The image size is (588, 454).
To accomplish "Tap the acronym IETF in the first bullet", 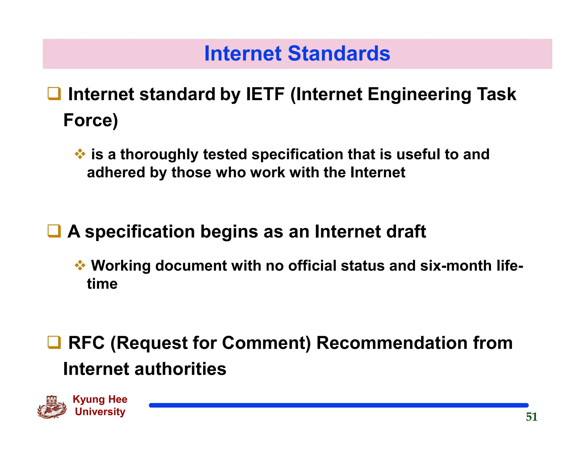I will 265,94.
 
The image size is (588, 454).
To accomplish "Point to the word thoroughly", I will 159,155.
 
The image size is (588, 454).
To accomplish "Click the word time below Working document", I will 102,284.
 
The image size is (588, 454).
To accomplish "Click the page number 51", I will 531,417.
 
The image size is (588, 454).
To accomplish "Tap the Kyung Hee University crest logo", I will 52,407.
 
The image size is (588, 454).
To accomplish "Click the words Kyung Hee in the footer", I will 100,399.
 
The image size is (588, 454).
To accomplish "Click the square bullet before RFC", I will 54,342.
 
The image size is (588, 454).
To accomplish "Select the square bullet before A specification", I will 54,231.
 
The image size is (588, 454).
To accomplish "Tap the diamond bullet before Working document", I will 80,265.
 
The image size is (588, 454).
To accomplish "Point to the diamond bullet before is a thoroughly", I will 80,154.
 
